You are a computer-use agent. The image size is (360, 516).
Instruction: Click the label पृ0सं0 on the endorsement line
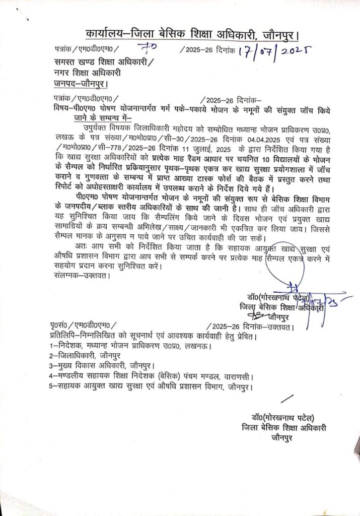60,327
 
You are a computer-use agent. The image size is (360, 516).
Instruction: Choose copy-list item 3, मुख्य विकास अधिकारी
96,366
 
